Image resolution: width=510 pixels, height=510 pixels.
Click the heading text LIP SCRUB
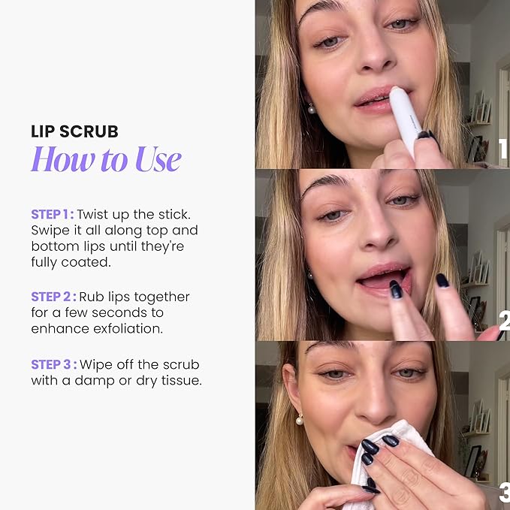(74, 132)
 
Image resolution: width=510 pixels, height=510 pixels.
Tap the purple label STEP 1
(52, 214)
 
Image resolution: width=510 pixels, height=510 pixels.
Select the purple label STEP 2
(53, 297)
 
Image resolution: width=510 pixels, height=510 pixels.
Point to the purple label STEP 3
(53, 364)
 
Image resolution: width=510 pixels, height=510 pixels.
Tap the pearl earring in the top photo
(309, 110)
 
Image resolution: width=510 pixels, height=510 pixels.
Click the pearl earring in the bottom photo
(299, 420)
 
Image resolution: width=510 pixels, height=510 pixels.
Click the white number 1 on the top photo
(503, 149)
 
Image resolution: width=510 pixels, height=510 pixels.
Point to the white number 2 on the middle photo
(503, 321)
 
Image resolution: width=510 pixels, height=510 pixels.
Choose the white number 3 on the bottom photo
(503, 493)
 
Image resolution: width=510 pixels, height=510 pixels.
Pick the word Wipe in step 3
(95, 364)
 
